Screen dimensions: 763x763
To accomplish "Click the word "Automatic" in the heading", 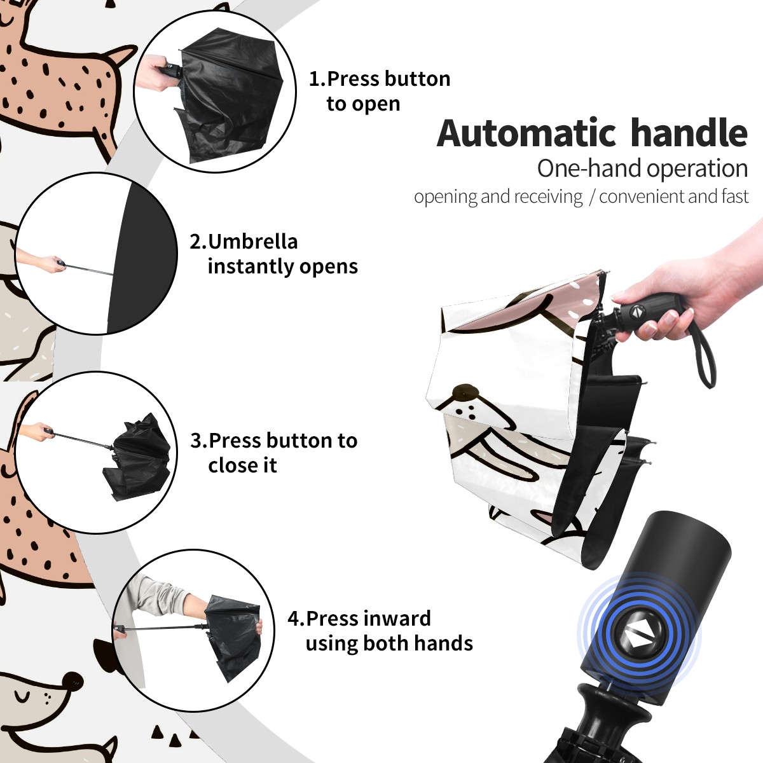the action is point(526,133).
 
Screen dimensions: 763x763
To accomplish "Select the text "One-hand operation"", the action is point(642,168).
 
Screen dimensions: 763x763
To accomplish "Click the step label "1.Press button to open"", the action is point(380,92).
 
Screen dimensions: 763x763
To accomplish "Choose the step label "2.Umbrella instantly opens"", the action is point(273,254).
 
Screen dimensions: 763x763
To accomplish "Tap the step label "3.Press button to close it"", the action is point(273,453).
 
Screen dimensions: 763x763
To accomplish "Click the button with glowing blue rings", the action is point(638,638).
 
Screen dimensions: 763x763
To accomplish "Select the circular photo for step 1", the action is point(215,92).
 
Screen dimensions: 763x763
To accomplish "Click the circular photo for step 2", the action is point(96,254).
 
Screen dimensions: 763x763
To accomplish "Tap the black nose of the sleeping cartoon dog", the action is point(72,680).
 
